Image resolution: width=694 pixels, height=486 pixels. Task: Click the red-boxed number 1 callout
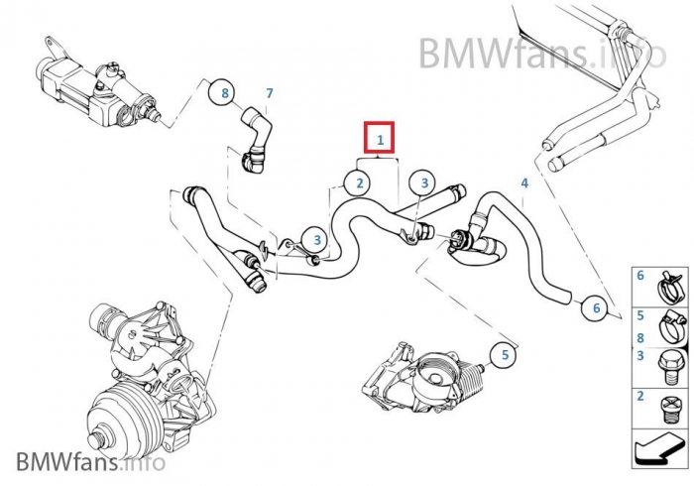(x=380, y=140)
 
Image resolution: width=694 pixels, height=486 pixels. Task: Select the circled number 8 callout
(x=225, y=93)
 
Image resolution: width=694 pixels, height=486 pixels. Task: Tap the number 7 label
(x=268, y=93)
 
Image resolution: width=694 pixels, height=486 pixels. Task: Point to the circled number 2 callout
(x=359, y=182)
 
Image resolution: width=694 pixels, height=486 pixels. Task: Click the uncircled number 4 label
(x=524, y=183)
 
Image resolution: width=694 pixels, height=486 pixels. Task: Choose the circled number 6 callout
(x=596, y=308)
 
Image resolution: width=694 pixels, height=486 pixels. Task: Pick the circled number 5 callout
(x=504, y=354)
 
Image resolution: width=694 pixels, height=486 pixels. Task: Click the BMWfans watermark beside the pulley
(x=90, y=462)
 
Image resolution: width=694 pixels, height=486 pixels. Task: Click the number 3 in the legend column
(x=640, y=355)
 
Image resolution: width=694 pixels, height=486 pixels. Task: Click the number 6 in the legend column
(x=640, y=275)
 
